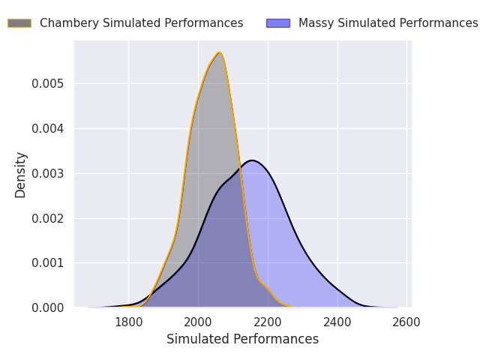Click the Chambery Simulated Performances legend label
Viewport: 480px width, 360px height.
pyautogui.click(x=141, y=23)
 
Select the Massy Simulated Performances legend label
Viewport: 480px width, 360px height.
pyautogui.click(x=388, y=23)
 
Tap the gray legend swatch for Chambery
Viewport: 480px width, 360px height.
pyautogui.click(x=19, y=23)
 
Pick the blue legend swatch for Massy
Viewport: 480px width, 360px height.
pyautogui.click(x=278, y=23)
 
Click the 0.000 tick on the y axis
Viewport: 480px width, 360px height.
pyautogui.click(x=48, y=308)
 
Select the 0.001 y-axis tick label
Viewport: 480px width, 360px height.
pyautogui.click(x=48, y=263)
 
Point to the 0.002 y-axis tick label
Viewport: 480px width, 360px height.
pyautogui.click(x=48, y=218)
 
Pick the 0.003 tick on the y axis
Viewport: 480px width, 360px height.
pyautogui.click(x=48, y=173)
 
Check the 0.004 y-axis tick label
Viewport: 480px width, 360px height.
pyautogui.click(x=48, y=128)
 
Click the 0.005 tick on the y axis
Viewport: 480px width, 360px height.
pyautogui.click(x=48, y=83)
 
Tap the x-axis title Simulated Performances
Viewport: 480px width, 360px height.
pyautogui.click(x=242, y=340)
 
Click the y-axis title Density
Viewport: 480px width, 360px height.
pyautogui.click(x=21, y=174)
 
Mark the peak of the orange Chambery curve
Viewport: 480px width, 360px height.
pyautogui.click(x=219, y=52)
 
